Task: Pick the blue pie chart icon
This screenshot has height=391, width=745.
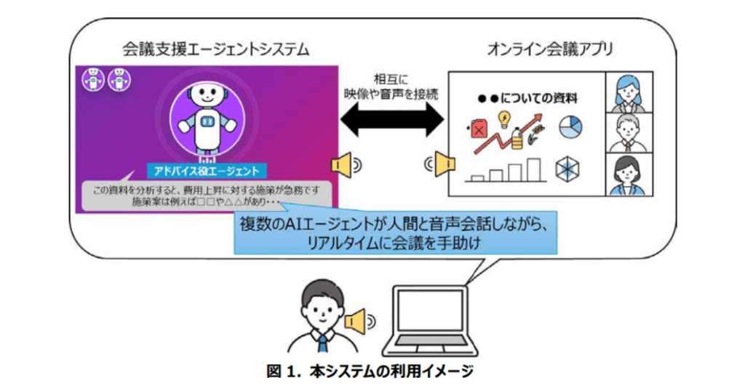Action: coord(570,127)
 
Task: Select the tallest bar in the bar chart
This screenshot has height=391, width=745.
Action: coord(535,168)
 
